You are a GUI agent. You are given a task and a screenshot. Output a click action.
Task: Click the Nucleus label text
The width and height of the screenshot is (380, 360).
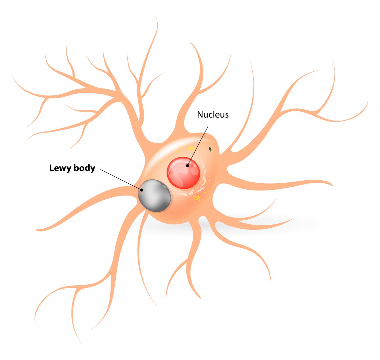(x=213, y=115)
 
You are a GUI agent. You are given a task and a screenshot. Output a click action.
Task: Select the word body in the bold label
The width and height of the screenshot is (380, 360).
(x=84, y=168)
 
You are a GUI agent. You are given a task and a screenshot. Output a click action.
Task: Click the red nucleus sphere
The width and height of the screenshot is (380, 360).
(x=183, y=173)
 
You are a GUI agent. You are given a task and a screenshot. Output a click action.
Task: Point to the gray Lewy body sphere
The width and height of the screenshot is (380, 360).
(x=154, y=196)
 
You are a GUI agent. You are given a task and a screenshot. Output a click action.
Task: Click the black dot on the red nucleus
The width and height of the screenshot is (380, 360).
(x=188, y=165)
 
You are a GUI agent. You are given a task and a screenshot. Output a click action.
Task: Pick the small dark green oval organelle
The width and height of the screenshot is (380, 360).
(x=211, y=149)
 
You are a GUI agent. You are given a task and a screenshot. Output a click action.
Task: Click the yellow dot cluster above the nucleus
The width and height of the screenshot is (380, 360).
(x=190, y=148)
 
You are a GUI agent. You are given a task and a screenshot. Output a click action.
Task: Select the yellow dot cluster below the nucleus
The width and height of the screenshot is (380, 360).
(x=197, y=198)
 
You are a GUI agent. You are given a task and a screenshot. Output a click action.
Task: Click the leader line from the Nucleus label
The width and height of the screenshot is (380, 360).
(x=198, y=144)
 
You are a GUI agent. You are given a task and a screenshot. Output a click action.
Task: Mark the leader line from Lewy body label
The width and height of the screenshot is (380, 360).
(x=120, y=179)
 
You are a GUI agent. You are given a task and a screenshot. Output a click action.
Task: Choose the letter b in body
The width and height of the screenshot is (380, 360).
(x=75, y=168)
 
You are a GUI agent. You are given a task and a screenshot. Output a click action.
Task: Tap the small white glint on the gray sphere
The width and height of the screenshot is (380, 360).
(x=165, y=186)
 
